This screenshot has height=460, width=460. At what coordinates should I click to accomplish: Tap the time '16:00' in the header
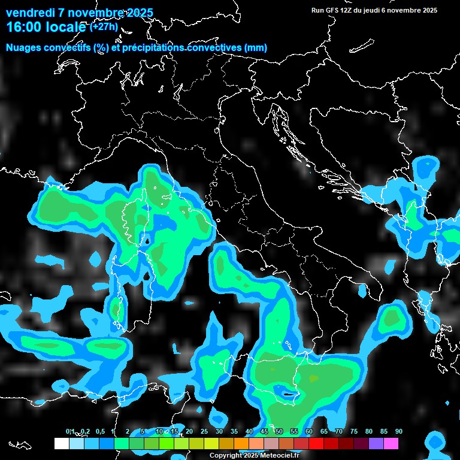[22, 27]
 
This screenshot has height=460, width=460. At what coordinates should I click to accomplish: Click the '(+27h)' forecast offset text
[104, 26]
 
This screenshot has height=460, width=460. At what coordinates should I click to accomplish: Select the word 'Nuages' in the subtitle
[23, 48]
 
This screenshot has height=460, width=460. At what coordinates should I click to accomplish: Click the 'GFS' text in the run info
[332, 10]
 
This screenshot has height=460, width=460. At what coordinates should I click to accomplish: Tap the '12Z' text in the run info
[347, 10]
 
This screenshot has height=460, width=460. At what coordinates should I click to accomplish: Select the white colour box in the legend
[61, 443]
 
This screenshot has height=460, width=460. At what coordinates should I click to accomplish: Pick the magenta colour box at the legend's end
[391, 443]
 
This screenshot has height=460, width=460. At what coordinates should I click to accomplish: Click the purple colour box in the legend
[376, 443]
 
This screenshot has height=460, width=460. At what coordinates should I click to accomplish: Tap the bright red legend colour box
[316, 443]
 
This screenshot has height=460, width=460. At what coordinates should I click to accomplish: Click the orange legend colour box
[241, 443]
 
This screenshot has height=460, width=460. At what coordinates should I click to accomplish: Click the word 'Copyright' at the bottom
[226, 456]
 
